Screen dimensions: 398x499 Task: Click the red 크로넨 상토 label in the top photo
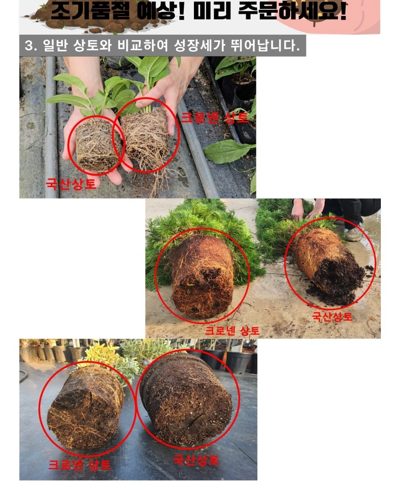[215, 118]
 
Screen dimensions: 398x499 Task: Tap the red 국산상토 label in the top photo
[71, 184]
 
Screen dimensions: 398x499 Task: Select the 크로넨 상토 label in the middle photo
[232, 331]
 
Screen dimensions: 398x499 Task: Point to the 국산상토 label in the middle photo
[332, 317]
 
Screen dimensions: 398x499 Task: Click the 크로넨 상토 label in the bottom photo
[80, 465]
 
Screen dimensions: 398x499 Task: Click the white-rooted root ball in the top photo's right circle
[146, 138]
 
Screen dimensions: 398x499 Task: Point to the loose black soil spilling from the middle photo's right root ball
[337, 278]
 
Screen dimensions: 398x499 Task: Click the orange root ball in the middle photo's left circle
[203, 277]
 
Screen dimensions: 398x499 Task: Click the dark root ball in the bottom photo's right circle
[186, 399]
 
